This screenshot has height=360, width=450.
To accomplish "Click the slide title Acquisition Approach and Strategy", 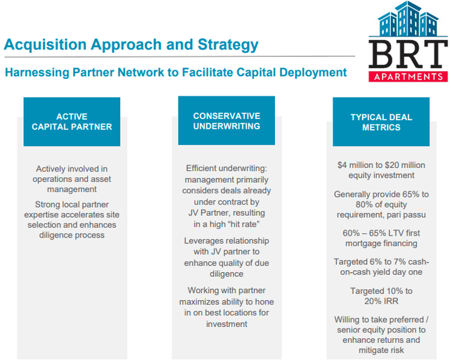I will click(x=131, y=45).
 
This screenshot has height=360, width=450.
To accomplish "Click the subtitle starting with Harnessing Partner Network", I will click(x=176, y=72).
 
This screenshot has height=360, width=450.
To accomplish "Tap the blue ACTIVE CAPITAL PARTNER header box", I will click(x=72, y=122).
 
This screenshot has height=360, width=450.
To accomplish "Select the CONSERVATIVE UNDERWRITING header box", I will click(x=226, y=121).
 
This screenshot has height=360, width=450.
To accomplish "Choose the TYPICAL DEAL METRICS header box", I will click(x=381, y=122).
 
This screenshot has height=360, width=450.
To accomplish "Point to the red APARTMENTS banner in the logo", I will click(x=408, y=76).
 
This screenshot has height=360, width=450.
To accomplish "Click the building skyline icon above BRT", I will click(x=408, y=20).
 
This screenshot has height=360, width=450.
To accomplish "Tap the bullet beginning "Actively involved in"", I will click(x=72, y=179).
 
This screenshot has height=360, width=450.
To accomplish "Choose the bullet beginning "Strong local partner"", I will click(x=72, y=220).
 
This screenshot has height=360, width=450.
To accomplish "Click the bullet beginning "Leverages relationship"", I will click(x=226, y=257).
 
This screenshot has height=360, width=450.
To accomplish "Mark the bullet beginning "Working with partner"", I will click(x=226, y=307).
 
